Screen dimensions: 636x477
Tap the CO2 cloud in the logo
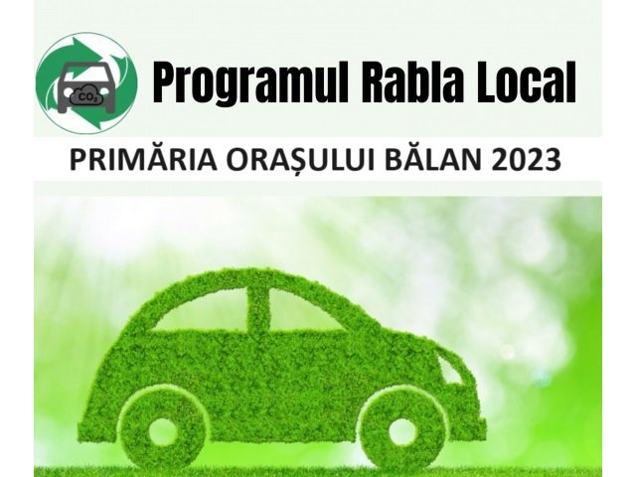[x=86, y=96]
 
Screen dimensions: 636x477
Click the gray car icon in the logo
[x=86, y=86]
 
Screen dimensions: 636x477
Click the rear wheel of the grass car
[x=162, y=429]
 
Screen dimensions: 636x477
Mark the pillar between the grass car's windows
[x=258, y=309]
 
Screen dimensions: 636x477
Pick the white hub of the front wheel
[x=403, y=429]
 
